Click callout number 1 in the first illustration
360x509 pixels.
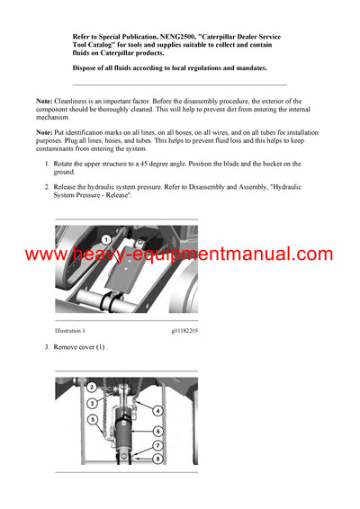tap(105, 240)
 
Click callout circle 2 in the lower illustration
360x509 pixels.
tap(91, 387)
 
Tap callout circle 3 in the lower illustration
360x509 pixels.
tap(91, 404)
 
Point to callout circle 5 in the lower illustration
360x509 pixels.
tap(91, 419)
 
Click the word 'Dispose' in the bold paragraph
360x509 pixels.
tap(88, 67)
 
